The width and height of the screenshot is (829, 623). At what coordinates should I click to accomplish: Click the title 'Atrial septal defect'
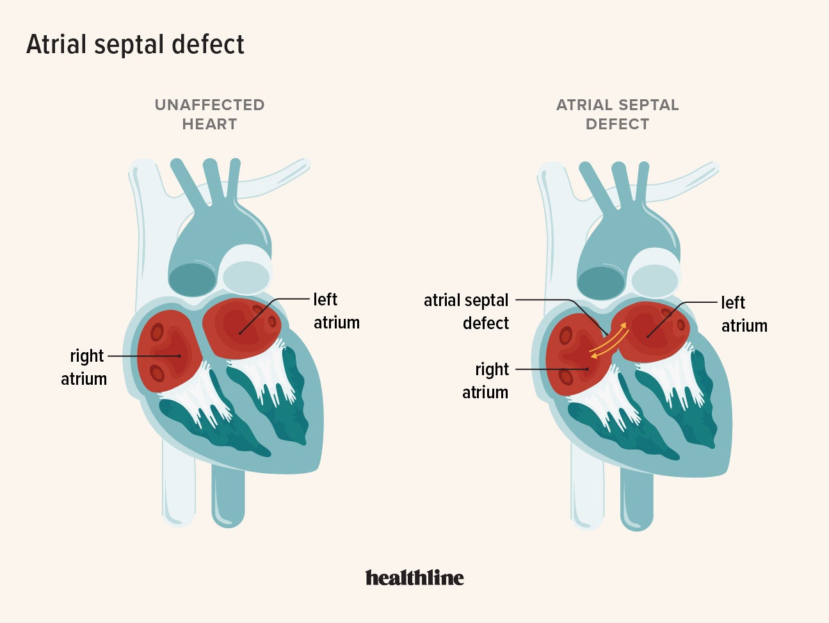tap(135, 45)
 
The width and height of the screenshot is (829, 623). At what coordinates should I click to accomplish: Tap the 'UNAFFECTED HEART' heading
tap(209, 115)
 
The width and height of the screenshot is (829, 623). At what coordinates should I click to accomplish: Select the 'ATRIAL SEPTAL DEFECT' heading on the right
tap(617, 115)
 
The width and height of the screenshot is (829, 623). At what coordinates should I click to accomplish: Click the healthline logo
tap(414, 578)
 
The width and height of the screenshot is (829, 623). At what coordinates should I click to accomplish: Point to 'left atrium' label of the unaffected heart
tap(335, 311)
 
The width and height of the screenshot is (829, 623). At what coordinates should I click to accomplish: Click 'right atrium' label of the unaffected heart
tap(85, 367)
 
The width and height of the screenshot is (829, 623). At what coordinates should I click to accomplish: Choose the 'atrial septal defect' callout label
tap(467, 311)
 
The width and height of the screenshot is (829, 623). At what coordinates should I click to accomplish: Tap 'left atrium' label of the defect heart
tap(743, 314)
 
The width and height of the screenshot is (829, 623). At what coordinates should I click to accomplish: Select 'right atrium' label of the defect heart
tap(486, 380)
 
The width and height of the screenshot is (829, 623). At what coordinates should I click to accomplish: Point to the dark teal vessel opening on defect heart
tap(601, 282)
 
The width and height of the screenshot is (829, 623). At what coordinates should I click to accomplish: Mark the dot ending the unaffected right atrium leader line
tap(180, 355)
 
